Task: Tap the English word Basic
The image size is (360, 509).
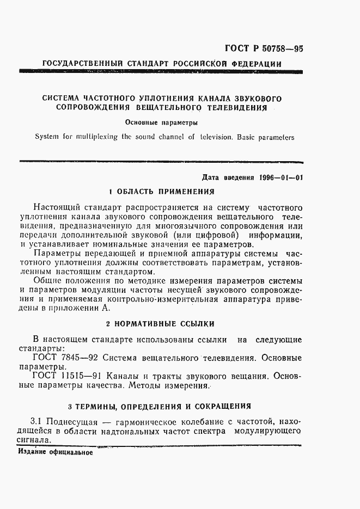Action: [235, 137]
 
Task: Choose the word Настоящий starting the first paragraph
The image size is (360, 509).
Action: [56, 207]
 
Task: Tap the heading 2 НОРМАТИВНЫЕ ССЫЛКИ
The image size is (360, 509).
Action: [160, 324]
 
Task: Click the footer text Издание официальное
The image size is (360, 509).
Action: [55, 452]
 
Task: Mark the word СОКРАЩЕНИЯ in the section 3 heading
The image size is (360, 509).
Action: [223, 406]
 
